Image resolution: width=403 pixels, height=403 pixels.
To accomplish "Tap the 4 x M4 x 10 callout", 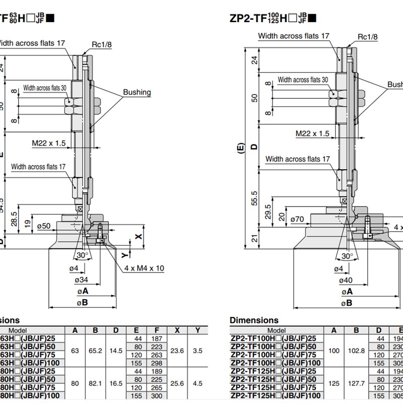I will coord(144,268).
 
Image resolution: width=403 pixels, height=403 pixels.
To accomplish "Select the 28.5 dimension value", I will coord(15,220).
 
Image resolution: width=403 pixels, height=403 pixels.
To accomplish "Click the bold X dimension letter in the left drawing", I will coord(139,236).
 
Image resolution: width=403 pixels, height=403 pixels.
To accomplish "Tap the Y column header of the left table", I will coord(198,330).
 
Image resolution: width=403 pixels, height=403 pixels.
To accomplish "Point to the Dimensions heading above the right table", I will coord(254,320).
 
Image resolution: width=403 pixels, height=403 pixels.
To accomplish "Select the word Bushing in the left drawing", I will coord(137,92).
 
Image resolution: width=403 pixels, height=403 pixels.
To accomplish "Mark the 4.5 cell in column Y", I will coord(198,383).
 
